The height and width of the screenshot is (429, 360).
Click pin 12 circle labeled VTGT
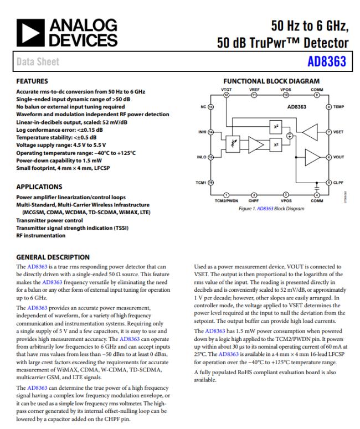click(227, 95)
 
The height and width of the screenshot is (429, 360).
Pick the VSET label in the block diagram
click(338, 132)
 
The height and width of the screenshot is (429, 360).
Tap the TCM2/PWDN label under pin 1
click(227, 200)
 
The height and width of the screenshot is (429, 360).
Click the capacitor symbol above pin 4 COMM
click(316, 189)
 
